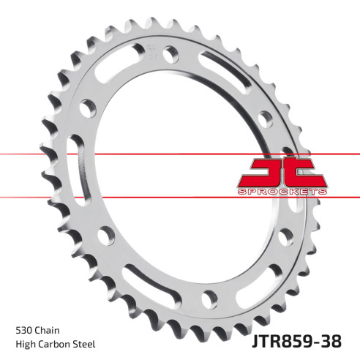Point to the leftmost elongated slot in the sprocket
click(75, 153)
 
